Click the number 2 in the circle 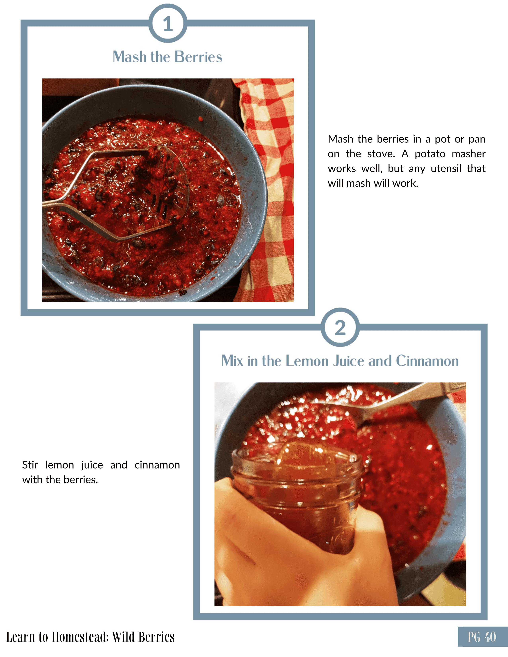click(x=340, y=328)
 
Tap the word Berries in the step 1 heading click(x=198, y=57)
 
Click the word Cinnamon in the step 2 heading click(x=427, y=361)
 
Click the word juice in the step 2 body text click(x=92, y=465)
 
